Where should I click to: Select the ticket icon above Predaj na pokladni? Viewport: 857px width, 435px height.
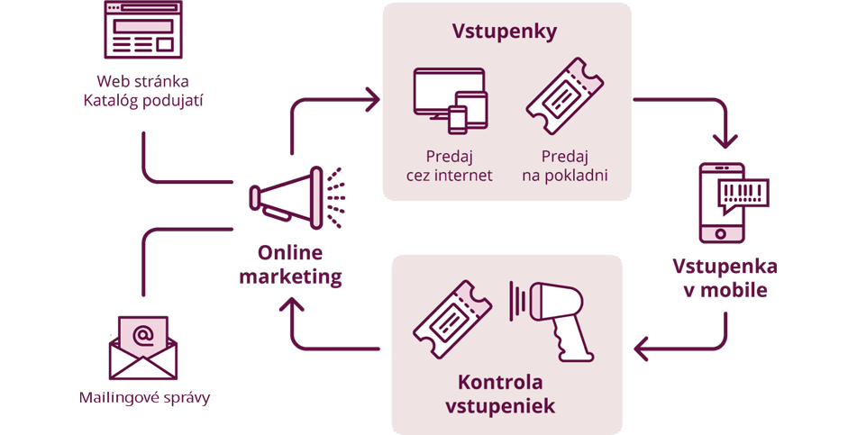tap(564, 96)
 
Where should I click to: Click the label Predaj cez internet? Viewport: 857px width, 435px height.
tap(449, 165)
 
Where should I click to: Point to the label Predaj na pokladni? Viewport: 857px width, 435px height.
tap(564, 165)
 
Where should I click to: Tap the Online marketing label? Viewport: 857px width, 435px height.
tap(290, 266)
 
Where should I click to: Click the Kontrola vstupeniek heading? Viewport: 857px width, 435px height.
tap(500, 393)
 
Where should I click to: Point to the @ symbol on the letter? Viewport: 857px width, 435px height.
tap(142, 335)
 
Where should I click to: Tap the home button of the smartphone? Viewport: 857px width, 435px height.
tap(720, 234)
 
